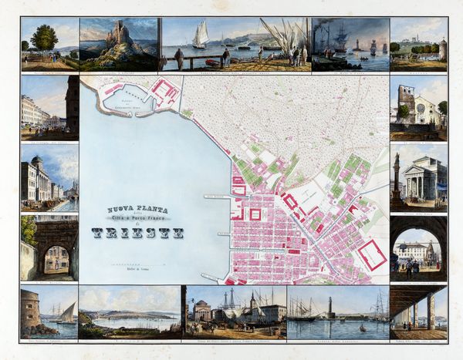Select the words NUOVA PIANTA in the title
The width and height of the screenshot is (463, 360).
point(136,207)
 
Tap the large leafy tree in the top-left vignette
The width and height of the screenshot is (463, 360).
point(44,38)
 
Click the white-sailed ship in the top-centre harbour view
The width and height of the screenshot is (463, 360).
point(201,35)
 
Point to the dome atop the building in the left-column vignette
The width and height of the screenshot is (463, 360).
point(37,161)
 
